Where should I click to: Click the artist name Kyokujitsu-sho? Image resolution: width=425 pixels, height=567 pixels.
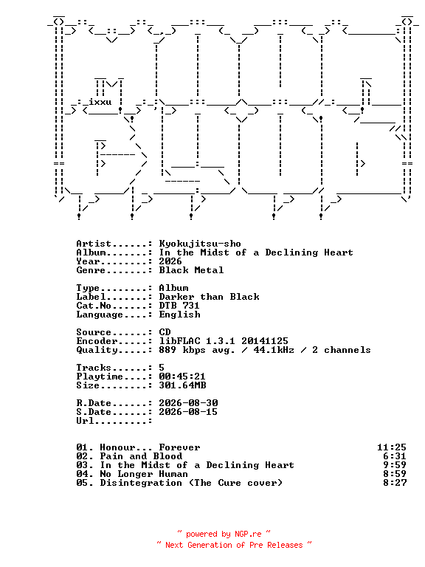pos(200,244)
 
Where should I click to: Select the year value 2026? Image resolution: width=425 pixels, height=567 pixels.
pos(170,261)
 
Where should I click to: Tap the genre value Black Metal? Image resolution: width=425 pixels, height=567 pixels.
pos(191,270)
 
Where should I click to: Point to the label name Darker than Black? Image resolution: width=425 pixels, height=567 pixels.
pos(209,297)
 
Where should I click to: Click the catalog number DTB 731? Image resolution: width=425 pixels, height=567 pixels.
pos(179,306)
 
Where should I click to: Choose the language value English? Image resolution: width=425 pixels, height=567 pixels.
pos(179,315)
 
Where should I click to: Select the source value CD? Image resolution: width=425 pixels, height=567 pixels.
pos(165,332)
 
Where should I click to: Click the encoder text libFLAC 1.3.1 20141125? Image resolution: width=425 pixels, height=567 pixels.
pos(224,341)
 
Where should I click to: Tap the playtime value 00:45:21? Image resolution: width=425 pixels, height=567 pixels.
pos(182,377)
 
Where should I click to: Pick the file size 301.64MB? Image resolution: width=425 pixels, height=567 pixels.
pos(182,385)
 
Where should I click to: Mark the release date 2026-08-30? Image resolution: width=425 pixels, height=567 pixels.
pos(188,403)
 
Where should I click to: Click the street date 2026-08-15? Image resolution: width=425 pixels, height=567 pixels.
pos(188,412)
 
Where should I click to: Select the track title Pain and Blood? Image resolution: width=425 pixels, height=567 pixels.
pos(141,456)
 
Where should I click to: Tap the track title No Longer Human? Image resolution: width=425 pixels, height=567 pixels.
pos(144,474)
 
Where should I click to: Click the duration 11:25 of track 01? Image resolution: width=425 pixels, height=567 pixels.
pos(392,447)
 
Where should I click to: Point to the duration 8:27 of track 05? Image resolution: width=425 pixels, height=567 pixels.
pos(395,483)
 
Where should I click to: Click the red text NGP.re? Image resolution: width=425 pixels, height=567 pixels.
pos(248,534)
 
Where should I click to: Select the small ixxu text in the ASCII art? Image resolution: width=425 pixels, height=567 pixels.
pos(100,102)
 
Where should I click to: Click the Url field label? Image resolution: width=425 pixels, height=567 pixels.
pos(85,421)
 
